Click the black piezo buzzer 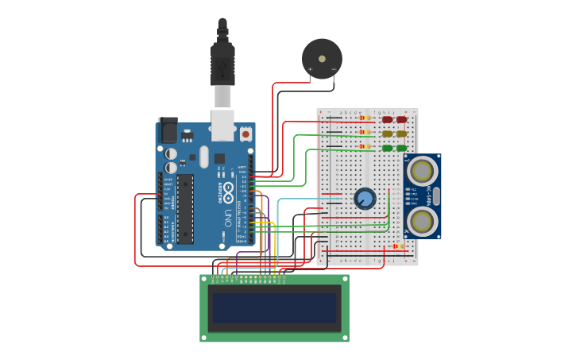point(322,58)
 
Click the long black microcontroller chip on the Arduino point(184,209)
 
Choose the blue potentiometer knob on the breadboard point(365,198)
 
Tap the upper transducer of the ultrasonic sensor point(421,171)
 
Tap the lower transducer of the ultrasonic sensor point(421,219)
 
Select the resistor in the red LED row point(365,118)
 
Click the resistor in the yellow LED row point(365,133)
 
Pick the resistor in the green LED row point(365,146)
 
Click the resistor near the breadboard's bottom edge point(398,246)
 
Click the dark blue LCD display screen point(274,308)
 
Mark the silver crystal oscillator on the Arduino point(204,156)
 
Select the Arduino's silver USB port point(222,125)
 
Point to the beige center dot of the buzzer point(322,58)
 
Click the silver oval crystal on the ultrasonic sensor point(436,195)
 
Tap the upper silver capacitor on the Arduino point(171,153)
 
